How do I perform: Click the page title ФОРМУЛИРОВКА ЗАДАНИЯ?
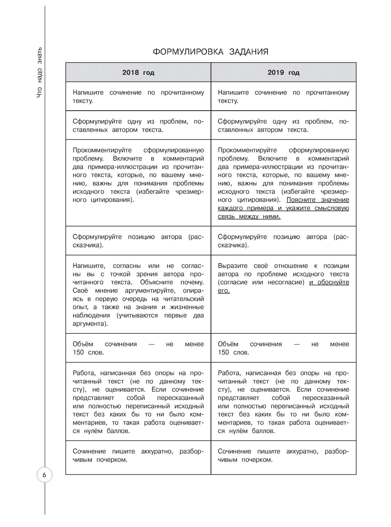210,52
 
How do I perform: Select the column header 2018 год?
138,72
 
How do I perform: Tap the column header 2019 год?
283,72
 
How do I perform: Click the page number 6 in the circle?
44,475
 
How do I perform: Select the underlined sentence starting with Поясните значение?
283,208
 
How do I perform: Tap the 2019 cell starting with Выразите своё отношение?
283,278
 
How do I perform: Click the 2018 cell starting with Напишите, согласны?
138,294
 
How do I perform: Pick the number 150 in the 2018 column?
78,353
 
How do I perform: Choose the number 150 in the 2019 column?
223,353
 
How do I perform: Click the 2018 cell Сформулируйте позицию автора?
138,241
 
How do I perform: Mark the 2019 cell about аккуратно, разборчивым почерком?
283,456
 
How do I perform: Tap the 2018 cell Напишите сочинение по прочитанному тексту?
138,96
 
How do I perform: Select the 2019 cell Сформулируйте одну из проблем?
283,125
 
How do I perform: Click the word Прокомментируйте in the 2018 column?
102,150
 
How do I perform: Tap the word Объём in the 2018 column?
83,344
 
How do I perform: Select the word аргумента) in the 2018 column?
90,324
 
